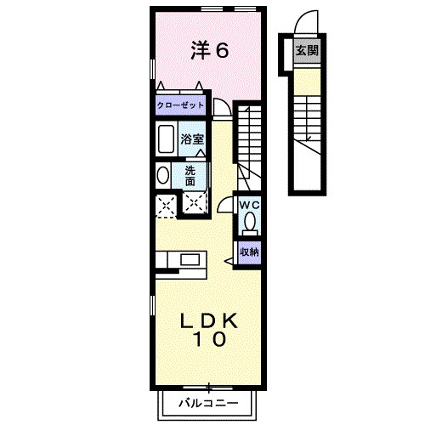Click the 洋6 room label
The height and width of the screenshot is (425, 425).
point(208,51)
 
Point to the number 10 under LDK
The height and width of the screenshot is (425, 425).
point(207,340)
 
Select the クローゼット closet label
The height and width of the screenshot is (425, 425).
point(180,105)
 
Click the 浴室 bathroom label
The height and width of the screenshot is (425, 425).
point(191,139)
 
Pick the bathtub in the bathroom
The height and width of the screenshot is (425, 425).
point(165,139)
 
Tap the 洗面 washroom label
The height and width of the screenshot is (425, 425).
point(190,175)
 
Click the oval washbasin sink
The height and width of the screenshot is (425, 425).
point(162,175)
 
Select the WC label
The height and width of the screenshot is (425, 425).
point(248,205)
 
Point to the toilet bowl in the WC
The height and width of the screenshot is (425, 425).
point(249,223)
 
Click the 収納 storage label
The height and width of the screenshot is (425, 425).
point(248,252)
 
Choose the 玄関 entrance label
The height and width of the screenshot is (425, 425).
point(307,50)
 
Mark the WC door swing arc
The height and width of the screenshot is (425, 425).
point(225,204)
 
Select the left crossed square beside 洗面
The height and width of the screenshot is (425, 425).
point(165,203)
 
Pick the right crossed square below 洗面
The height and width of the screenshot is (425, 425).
point(195,203)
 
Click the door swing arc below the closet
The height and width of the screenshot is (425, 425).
point(220,108)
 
